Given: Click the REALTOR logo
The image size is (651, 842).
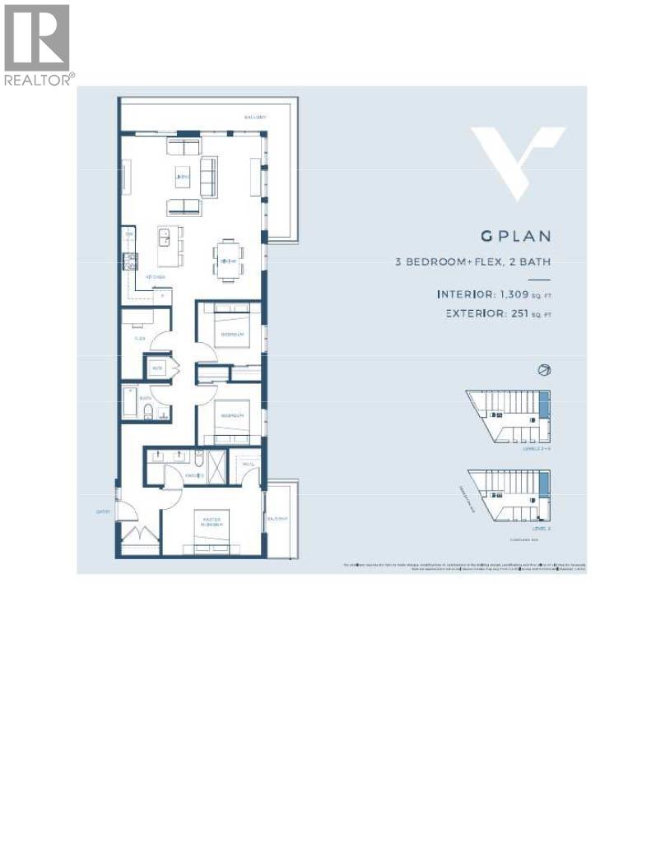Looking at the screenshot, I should pos(38,44).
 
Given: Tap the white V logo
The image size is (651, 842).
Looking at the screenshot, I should pos(518,161).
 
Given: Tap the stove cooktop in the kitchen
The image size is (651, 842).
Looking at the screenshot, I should pos(129,262).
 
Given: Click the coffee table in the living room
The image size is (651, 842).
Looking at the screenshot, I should pos(183,177).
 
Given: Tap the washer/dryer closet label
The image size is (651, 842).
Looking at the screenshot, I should pos(156,368).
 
